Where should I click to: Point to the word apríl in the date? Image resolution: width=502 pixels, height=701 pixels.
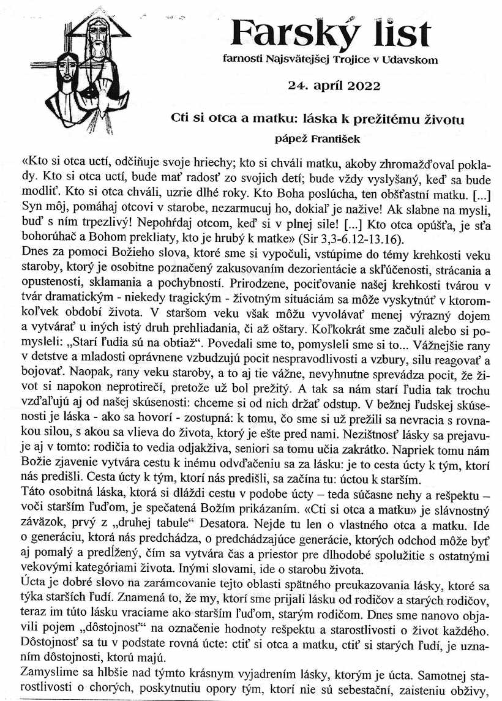point(327,85)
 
